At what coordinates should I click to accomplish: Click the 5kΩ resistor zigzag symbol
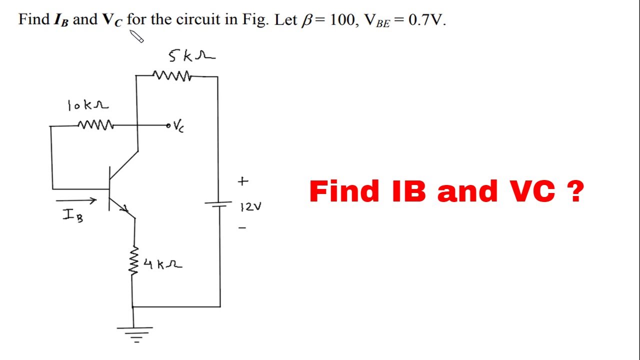tap(172, 75)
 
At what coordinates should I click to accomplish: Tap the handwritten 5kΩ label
tap(192, 55)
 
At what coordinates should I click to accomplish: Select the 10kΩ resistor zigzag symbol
tap(95, 125)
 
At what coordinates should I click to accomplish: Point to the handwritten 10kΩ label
tap(88, 105)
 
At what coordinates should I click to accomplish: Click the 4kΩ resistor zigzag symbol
tap(133, 260)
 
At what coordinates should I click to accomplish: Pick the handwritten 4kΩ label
tap(163, 264)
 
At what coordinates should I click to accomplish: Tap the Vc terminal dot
tap(168, 125)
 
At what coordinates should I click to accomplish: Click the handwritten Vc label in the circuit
tap(179, 126)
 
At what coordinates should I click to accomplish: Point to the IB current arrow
tap(76, 200)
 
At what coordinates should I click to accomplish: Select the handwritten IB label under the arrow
tap(73, 215)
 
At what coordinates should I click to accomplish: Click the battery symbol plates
tap(218, 203)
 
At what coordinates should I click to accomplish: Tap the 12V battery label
tap(251, 206)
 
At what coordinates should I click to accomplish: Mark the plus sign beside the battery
tap(243, 181)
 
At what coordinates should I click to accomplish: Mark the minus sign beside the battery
tap(242, 227)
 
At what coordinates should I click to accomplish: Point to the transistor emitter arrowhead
tap(124, 208)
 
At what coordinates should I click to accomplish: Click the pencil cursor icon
tap(136, 36)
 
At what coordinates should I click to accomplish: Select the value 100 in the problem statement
tap(342, 19)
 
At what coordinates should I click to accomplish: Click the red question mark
tap(574, 191)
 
